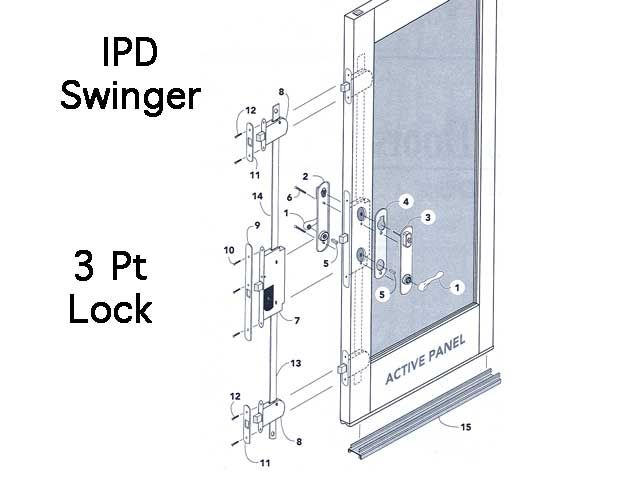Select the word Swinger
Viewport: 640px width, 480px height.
(x=131, y=96)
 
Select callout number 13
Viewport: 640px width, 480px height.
(x=297, y=364)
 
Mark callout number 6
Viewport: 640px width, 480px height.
(x=291, y=198)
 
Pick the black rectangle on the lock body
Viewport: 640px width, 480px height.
(x=267, y=297)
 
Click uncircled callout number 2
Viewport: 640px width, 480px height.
(x=303, y=176)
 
